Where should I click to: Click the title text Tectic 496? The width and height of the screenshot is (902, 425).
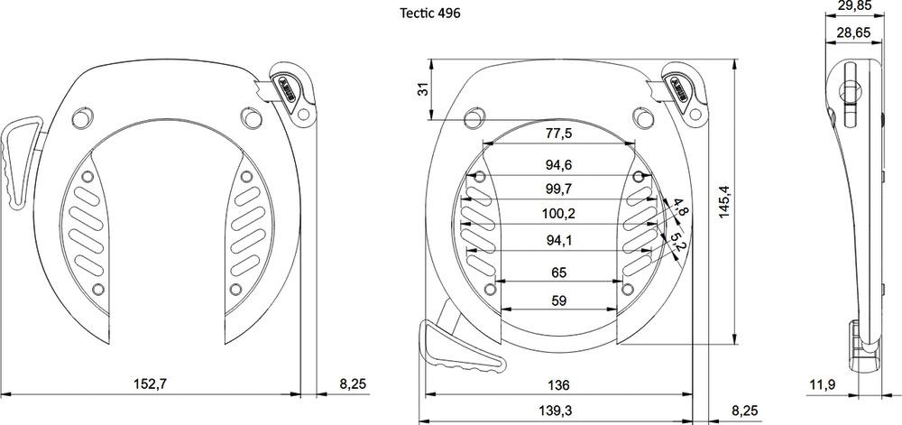[430, 14]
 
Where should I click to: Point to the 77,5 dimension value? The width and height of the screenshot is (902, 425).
[559, 134]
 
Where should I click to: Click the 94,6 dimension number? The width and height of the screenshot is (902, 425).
[559, 165]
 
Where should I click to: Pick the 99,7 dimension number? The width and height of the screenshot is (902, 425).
[559, 189]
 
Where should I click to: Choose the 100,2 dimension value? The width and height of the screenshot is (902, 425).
[559, 214]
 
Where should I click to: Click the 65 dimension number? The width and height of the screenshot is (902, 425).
[559, 273]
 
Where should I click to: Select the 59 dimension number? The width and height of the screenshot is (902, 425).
[559, 301]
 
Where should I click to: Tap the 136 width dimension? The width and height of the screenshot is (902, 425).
[559, 385]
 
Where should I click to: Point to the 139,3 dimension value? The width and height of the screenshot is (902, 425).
[559, 411]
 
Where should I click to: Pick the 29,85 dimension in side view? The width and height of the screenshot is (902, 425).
[853, 6]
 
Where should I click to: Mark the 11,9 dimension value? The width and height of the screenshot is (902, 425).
[821, 385]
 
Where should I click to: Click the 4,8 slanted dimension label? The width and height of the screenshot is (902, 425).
[681, 210]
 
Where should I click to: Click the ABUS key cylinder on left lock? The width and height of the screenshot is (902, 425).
[290, 88]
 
